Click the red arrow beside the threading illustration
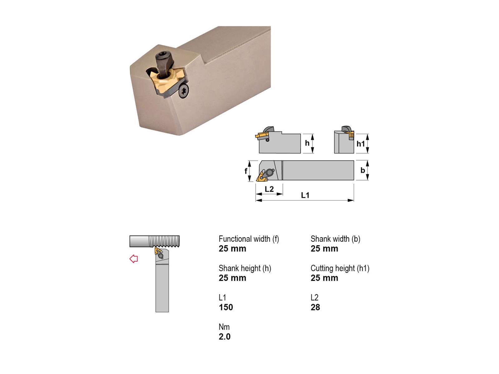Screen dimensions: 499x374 (x=134, y=259)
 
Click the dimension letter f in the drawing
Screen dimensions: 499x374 (x=246, y=171)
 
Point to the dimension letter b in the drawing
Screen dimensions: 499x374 (x=362, y=170)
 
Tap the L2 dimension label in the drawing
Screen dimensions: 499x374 (x=269, y=189)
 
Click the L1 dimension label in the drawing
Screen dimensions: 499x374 (x=305, y=195)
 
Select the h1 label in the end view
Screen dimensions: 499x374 (x=361, y=144)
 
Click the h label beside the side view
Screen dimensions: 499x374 (x=307, y=143)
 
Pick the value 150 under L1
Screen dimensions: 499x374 (x=226, y=307)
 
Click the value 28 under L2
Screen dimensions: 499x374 (x=315, y=307)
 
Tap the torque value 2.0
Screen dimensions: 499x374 (x=225, y=337)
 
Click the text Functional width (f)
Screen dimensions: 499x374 (x=249, y=239)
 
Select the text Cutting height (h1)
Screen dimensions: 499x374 (x=340, y=268)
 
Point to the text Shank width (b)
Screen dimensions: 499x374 (x=335, y=239)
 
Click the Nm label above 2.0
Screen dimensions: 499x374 (x=224, y=327)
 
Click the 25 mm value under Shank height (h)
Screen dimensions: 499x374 (x=232, y=278)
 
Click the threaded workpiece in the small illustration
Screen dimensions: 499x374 (x=155, y=241)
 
